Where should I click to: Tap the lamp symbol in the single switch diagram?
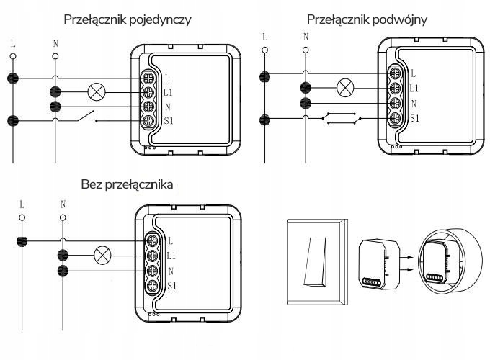point(96,91)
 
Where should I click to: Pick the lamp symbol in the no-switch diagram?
point(102,254)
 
